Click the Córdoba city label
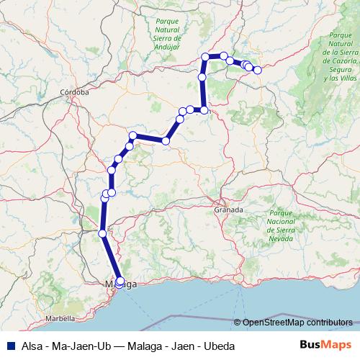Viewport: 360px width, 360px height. (x=74, y=92)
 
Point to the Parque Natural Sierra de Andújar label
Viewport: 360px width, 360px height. (x=166, y=35)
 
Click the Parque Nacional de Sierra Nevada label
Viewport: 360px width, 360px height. (x=280, y=225)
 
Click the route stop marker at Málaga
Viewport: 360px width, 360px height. (x=120, y=282)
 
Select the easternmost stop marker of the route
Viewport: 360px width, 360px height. (x=257, y=70)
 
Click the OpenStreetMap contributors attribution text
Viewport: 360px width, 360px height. (x=297, y=323)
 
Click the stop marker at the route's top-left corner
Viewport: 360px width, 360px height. (x=206, y=56)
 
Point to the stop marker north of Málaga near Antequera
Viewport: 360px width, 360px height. (x=102, y=233)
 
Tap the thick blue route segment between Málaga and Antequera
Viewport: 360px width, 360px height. (x=111, y=257)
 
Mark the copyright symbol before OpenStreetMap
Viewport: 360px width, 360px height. (x=238, y=323)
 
